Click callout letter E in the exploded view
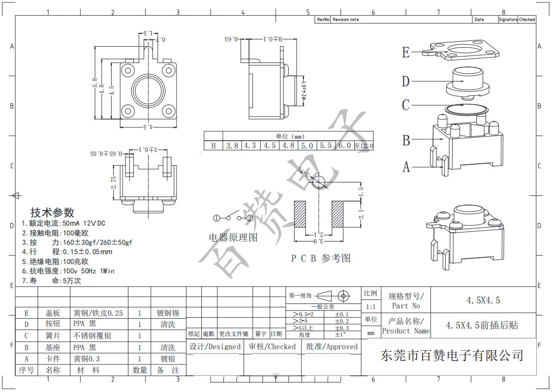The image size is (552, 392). (x=406, y=52)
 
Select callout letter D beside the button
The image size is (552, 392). (x=406, y=81)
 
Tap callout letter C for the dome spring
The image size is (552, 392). (x=406, y=105)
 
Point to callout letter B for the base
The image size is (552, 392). (x=406, y=141)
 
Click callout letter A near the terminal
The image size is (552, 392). (x=406, y=167)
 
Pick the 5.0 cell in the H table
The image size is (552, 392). (x=307, y=146)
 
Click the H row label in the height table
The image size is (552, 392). (x=214, y=146)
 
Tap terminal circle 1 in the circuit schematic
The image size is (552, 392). (x=216, y=218)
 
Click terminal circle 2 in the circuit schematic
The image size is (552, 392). (x=249, y=218)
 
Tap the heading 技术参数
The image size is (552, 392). (x=52, y=212)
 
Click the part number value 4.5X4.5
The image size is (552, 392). (x=483, y=301)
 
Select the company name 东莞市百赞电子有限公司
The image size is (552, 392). (x=452, y=356)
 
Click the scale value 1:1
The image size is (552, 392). (x=370, y=306)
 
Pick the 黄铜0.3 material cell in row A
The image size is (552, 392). (x=86, y=359)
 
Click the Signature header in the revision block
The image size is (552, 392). (x=508, y=20)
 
